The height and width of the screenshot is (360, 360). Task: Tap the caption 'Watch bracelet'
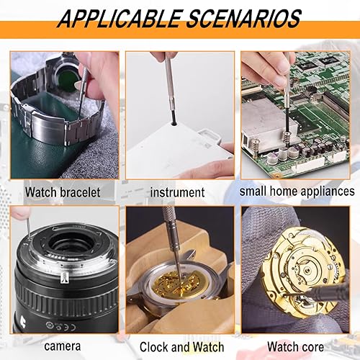point(63,192)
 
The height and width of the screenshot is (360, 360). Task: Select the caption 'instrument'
point(178,192)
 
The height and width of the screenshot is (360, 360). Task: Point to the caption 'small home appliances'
point(297,192)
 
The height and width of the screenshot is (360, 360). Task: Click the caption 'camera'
point(63,346)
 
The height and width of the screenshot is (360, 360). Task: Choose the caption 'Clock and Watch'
point(182,347)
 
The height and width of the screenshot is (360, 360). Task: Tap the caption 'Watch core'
point(296,347)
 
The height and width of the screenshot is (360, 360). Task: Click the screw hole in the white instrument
point(174,124)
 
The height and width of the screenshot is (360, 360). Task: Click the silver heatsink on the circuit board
point(268,125)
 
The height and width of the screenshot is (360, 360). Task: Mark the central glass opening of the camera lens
point(70,243)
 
